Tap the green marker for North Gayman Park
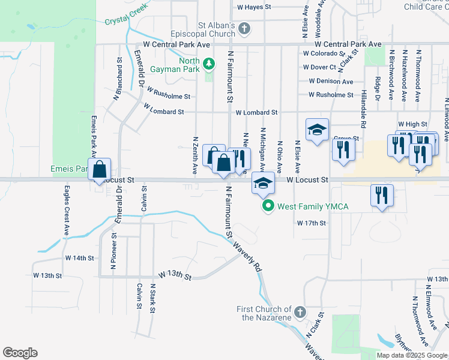[x=209, y=63]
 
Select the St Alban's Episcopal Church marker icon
[x=244, y=28]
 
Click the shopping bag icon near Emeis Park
[x=99, y=169]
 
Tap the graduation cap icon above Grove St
[x=318, y=130]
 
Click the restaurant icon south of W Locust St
[x=382, y=194]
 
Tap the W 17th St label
[x=311, y=223]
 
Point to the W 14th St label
[x=80, y=258]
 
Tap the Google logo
[x=20, y=352]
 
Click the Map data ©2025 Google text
[x=411, y=355]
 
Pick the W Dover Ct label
[x=319, y=67]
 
